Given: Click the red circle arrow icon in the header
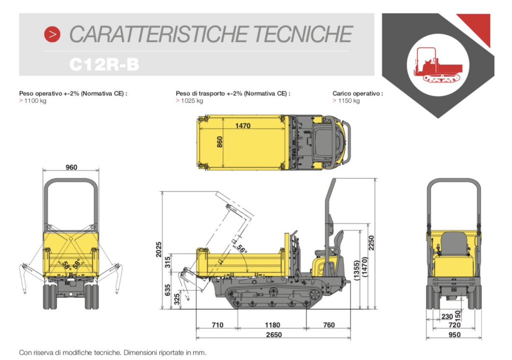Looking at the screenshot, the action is click(x=52, y=34).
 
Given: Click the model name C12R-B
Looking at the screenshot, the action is click(x=104, y=64).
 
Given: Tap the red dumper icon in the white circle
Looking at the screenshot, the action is click(x=438, y=65).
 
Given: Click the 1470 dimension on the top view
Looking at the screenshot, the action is click(x=243, y=126).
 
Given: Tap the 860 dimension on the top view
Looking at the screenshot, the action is click(x=220, y=142).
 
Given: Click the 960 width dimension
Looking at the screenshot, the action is click(x=71, y=167).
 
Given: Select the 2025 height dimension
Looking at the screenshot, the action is click(x=158, y=249).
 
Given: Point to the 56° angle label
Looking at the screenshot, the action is click(x=241, y=249).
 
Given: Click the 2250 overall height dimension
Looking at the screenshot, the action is click(x=371, y=242).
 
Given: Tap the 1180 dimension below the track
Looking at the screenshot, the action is click(x=272, y=325).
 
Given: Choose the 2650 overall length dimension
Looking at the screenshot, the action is click(x=273, y=335).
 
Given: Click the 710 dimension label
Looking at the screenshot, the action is click(x=217, y=325).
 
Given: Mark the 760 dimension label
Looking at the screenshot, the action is click(x=329, y=325).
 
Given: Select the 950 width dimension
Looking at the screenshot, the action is click(x=454, y=335).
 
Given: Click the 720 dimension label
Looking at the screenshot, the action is click(x=454, y=325).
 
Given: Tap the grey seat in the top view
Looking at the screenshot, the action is click(x=324, y=142).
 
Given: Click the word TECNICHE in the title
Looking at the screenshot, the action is click(x=302, y=34).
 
